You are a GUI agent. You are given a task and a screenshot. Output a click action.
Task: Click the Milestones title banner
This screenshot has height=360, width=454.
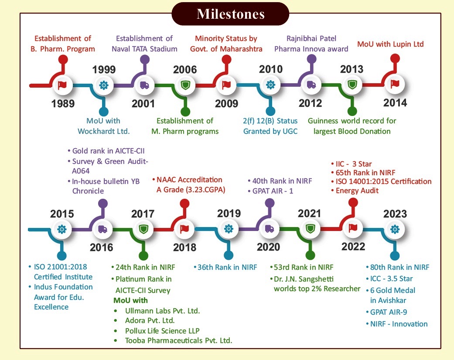(230, 14)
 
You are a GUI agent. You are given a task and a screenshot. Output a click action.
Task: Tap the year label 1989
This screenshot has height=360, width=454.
(63, 103)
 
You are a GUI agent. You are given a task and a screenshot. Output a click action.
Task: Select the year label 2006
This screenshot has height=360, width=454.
(185, 69)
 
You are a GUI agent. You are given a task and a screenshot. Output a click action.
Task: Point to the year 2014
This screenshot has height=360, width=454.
(395, 103)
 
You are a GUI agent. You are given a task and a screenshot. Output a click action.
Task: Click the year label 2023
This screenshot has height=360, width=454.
(395, 214)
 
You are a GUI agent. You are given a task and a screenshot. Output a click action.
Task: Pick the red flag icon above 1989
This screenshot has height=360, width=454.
(62, 85)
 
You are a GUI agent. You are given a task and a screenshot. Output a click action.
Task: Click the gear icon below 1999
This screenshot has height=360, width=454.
(104, 85)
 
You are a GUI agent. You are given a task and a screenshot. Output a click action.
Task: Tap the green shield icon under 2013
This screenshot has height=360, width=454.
(352, 85)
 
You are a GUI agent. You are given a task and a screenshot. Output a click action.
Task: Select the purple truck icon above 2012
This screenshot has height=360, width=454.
(311, 85)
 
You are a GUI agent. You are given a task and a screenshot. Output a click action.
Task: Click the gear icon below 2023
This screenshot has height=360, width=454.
(395, 229)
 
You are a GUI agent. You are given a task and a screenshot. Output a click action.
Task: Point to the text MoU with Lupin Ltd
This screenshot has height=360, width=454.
(390, 44)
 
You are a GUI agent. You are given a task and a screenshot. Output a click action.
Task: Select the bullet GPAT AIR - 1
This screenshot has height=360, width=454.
(270, 191)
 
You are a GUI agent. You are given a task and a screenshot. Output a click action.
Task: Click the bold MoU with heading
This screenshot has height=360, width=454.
(130, 300)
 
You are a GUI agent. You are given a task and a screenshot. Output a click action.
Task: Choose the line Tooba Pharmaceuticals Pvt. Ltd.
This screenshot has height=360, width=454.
(179, 341)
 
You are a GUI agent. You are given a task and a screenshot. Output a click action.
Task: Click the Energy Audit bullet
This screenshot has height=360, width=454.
(355, 190)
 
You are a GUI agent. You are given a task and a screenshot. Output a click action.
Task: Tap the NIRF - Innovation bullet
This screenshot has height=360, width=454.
(397, 324)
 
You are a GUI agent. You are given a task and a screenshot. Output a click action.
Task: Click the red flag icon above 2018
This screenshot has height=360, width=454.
(184, 229)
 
